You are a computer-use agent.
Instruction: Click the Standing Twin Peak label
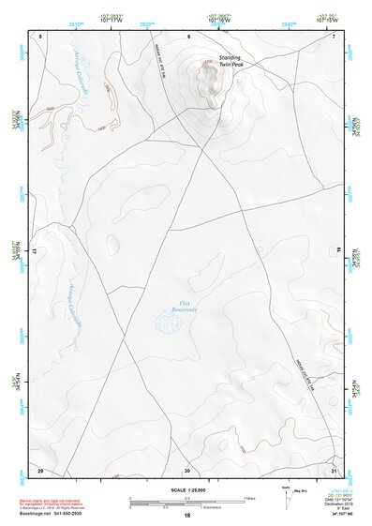[231, 60]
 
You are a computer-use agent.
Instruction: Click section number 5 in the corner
[41, 37]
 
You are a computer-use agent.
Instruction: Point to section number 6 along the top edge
[188, 37]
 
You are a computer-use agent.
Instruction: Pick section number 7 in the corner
[334, 37]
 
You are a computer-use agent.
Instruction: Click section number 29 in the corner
[40, 470]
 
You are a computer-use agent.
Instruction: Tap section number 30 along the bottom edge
[187, 470]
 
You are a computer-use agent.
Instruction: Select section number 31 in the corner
[334, 470]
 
